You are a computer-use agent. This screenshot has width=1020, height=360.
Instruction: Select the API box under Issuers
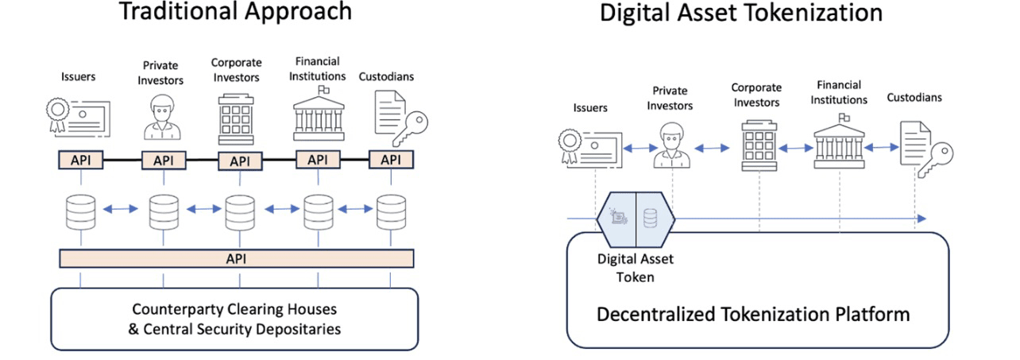tap(81, 160)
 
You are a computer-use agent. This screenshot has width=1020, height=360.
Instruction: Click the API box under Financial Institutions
tap(317, 160)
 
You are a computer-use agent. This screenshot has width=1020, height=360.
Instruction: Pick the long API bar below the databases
tap(237, 258)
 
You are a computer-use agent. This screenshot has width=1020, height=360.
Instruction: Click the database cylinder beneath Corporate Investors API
tap(239, 211)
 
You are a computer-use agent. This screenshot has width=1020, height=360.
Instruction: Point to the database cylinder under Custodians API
tap(390, 211)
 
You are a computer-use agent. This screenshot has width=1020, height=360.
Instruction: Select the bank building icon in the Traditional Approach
tap(318, 115)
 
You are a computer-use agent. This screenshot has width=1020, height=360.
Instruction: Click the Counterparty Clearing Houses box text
tap(234, 319)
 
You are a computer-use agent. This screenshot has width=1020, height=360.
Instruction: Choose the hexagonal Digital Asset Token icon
tap(635, 218)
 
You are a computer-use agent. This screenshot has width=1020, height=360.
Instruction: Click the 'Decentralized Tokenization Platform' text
tap(753, 314)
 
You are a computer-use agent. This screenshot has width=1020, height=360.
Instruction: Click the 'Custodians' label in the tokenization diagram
tap(914, 98)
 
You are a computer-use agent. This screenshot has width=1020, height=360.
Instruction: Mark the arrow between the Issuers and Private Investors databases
tap(122, 210)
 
